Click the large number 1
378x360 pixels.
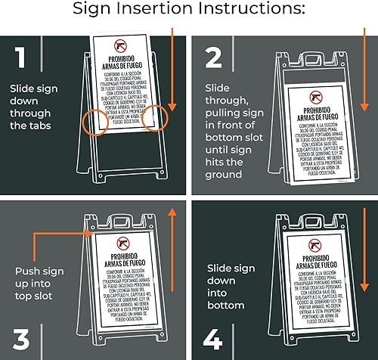pyautogui.click(x=20, y=59)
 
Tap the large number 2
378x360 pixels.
pyautogui.click(x=214, y=59)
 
